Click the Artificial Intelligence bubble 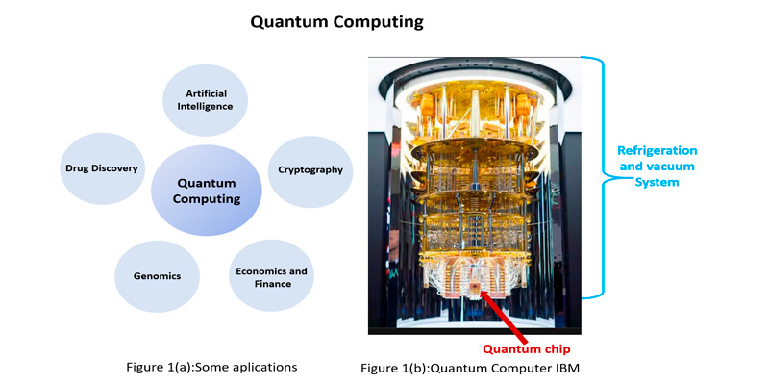[x=205, y=100]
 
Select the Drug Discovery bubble [x=102, y=168]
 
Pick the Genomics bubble [x=157, y=276]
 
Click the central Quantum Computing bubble [x=207, y=191]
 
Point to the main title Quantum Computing [x=336, y=22]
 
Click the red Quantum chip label [x=526, y=349]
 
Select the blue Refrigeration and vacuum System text [x=657, y=166]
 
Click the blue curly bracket [x=593, y=177]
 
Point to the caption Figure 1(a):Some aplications [x=211, y=367]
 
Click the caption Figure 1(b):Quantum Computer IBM [x=470, y=368]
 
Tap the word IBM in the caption [x=568, y=368]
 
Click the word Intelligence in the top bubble [x=205, y=106]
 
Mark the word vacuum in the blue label [x=677, y=166]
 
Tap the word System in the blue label [x=657, y=182]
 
